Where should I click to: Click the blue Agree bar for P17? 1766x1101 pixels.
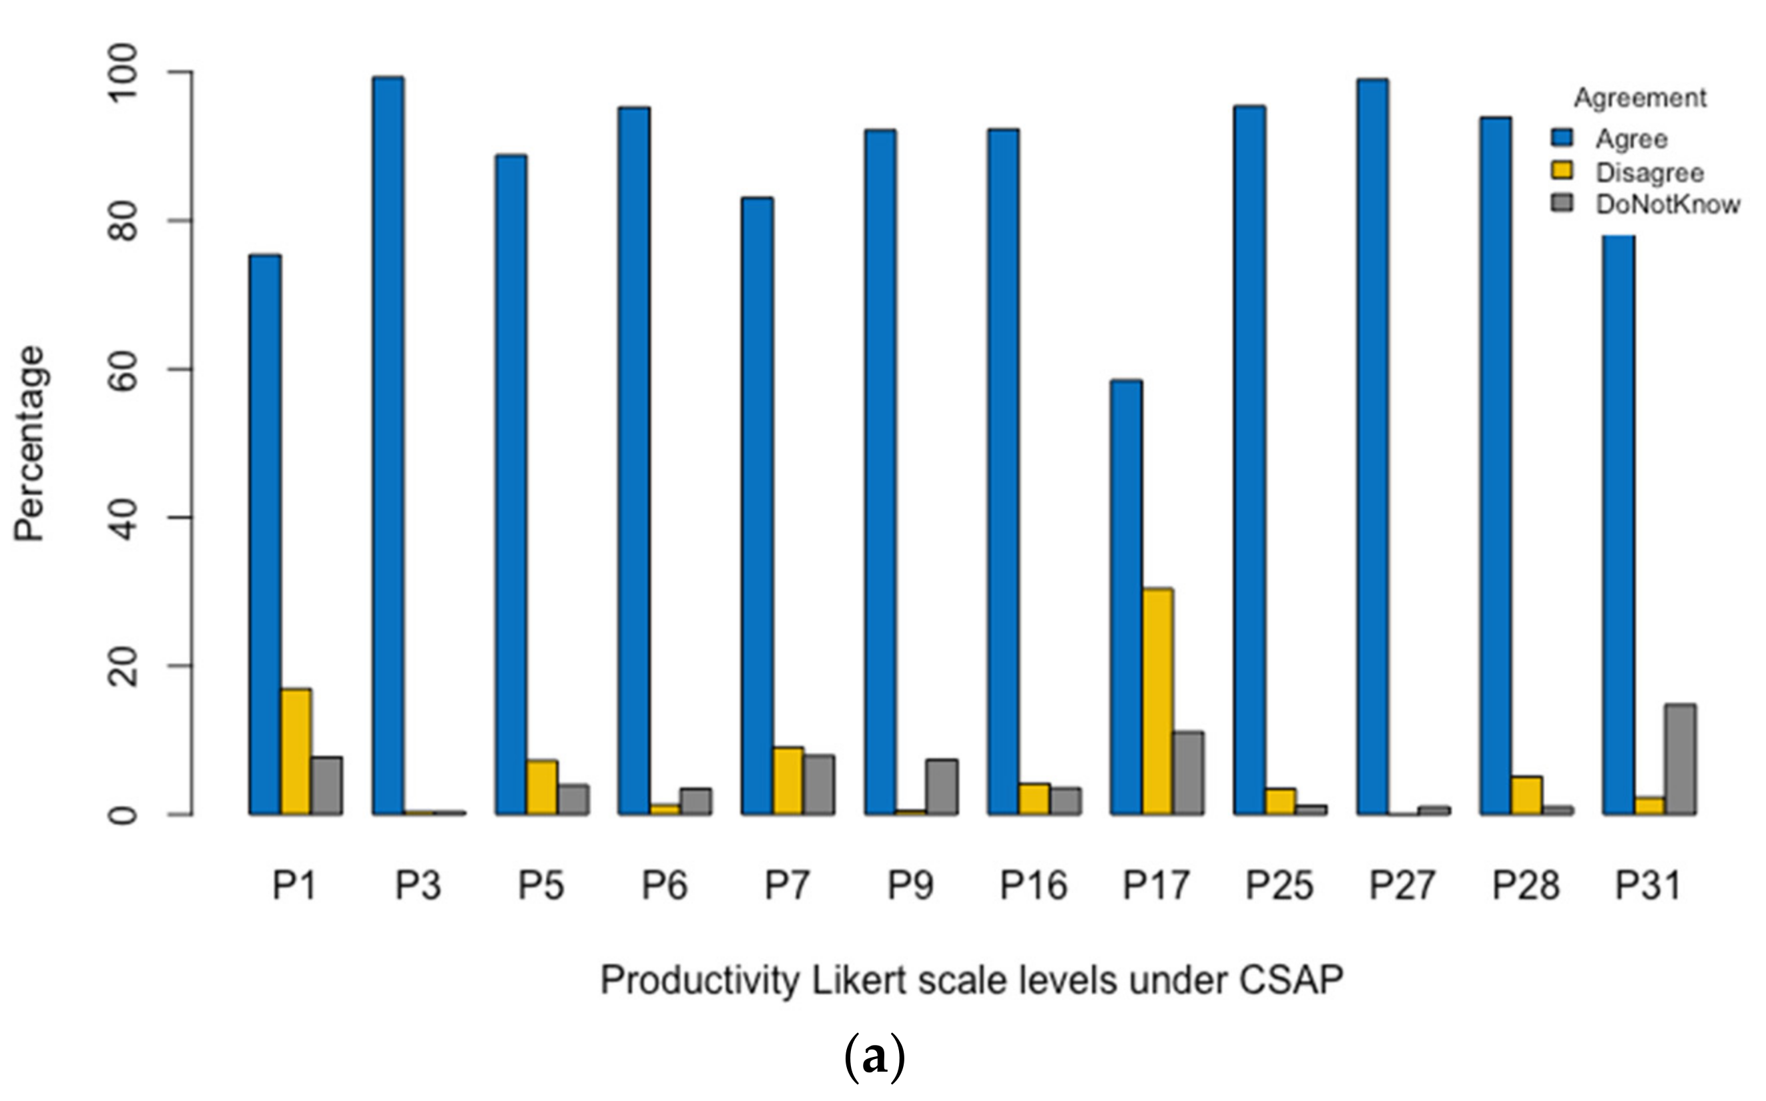tap(1126, 597)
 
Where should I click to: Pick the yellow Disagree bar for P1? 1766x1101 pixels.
tap(296, 751)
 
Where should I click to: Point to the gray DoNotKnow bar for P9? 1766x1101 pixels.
tap(942, 787)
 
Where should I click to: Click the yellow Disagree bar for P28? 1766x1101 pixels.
tap(1526, 795)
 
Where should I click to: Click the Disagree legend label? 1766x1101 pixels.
tap(1649, 173)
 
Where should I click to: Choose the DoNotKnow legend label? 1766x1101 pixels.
tap(1668, 206)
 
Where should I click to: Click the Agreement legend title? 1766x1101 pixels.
tap(1639, 98)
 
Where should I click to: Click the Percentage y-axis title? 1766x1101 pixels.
tap(31, 444)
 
